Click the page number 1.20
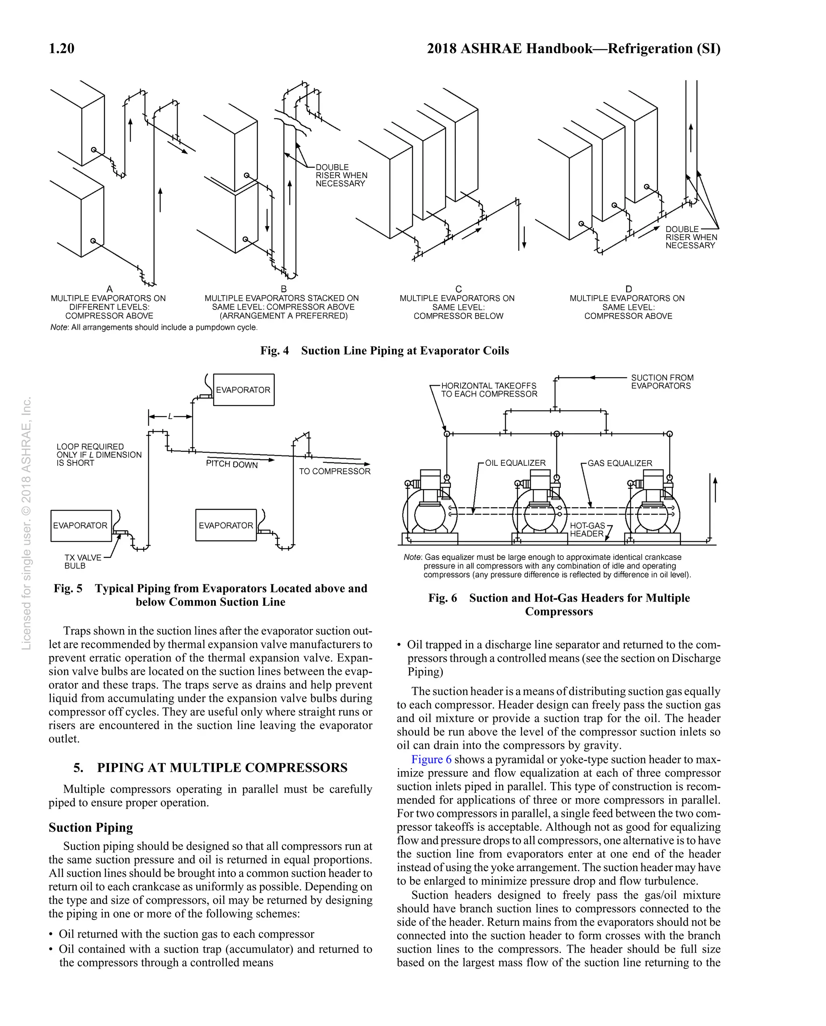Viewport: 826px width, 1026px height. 61,48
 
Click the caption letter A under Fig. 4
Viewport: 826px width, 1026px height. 109,289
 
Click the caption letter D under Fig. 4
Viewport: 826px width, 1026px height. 628,289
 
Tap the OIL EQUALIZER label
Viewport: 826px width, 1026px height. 515,463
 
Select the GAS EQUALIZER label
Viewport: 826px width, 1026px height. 619,463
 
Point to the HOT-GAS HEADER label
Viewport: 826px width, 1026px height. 587,530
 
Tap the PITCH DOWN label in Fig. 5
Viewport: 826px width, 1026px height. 232,464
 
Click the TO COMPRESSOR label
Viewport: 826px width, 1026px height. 334,471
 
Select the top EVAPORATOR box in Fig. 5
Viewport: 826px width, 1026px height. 244,390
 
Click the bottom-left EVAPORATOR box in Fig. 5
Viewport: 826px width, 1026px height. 80,526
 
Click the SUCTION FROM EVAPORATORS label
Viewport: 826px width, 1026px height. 661,382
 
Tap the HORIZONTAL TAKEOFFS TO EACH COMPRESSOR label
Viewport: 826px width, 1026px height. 489,390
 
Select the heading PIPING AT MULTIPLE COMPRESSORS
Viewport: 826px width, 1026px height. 222,767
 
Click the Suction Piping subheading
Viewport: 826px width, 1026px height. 90,828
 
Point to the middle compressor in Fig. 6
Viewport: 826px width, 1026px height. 540,509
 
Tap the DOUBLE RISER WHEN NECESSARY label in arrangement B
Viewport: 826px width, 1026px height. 341,175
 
